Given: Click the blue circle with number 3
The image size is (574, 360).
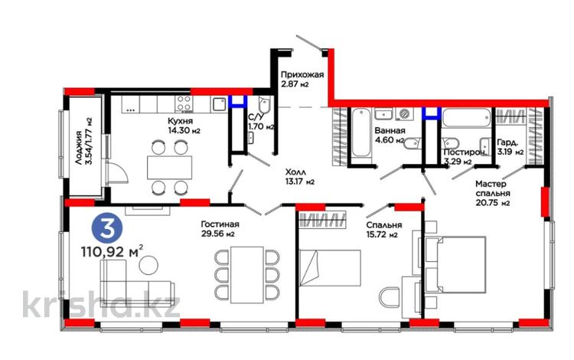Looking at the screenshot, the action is (x=106, y=230).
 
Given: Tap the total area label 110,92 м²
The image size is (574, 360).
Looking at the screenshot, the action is (x=112, y=251).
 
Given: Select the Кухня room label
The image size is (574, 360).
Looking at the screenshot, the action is (x=180, y=121).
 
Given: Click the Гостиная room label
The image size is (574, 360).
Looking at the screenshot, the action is (x=220, y=224).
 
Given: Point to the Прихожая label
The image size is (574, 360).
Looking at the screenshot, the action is (x=302, y=75).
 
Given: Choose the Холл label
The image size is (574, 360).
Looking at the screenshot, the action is (x=295, y=172).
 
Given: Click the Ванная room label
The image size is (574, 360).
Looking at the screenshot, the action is (x=390, y=131).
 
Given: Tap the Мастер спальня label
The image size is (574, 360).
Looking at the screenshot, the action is (x=492, y=188).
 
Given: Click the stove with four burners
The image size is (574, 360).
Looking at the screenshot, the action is (x=184, y=103).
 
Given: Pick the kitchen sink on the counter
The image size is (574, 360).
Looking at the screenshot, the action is (x=219, y=104).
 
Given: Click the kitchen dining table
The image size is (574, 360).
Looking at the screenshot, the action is (x=170, y=168).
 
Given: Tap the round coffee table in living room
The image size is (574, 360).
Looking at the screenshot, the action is (x=148, y=264).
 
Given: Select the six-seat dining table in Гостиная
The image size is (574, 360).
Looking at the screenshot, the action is (x=247, y=275).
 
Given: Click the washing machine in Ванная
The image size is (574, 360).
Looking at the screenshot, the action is (x=405, y=114).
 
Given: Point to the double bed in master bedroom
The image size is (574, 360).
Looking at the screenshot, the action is (x=456, y=264).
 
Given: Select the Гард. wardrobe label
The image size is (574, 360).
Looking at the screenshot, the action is (x=507, y=142).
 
